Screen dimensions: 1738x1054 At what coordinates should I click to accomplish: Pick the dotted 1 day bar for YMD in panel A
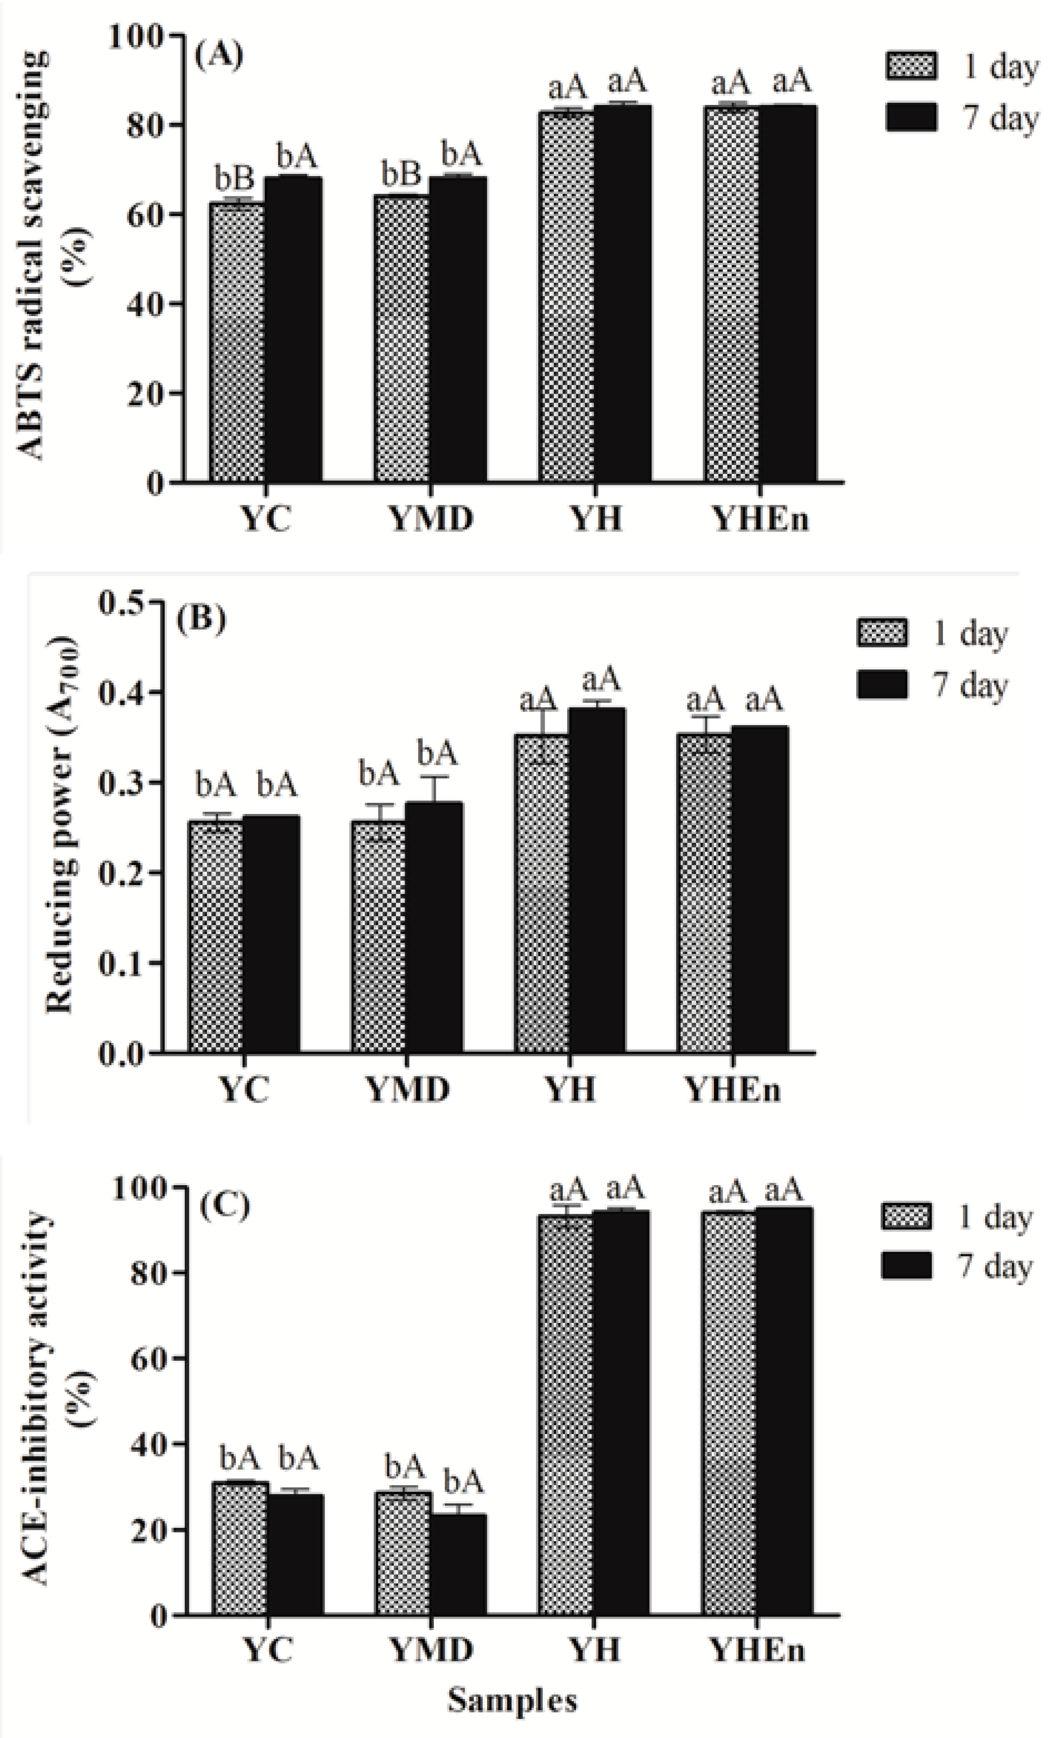(x=401, y=339)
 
